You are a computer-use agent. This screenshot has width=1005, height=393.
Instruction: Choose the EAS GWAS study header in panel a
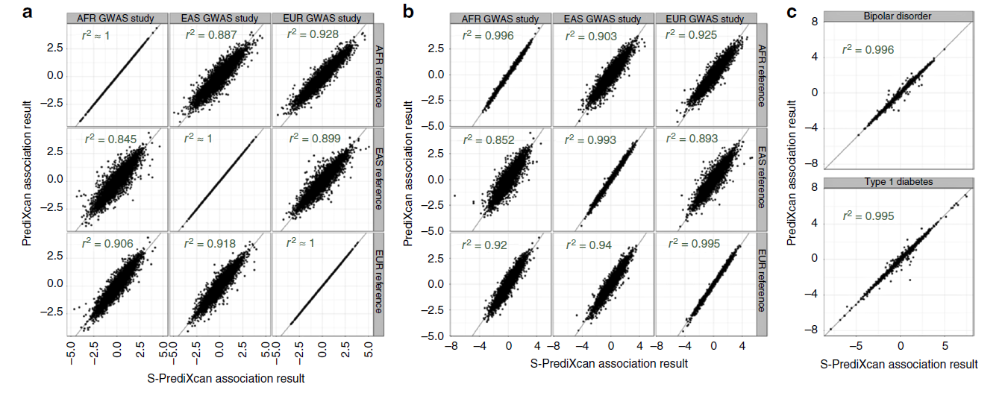[220, 17]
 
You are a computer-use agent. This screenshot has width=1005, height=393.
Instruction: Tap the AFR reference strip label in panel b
[762, 75]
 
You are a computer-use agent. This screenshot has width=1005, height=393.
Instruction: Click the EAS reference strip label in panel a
[378, 179]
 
